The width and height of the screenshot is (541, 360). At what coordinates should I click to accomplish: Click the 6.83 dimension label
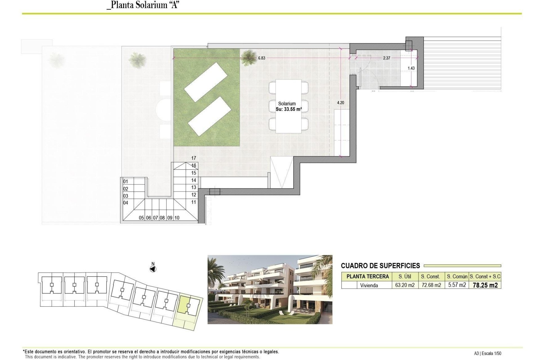click(x=261, y=58)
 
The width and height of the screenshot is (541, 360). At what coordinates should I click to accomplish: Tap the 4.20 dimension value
click(x=340, y=103)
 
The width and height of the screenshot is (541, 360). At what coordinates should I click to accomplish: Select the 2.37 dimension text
click(x=387, y=58)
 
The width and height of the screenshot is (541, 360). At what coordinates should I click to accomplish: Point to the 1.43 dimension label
click(x=411, y=68)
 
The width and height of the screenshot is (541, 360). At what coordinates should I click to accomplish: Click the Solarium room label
click(x=287, y=104)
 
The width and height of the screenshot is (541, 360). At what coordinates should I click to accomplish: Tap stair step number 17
click(x=194, y=158)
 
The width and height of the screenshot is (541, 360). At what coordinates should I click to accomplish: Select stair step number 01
click(x=126, y=182)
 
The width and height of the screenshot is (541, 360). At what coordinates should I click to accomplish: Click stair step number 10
click(x=177, y=218)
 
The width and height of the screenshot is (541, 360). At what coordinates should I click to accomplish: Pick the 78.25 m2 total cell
click(x=485, y=285)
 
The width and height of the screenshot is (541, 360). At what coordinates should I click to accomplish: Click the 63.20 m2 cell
click(x=405, y=285)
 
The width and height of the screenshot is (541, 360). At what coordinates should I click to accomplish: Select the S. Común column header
click(x=457, y=276)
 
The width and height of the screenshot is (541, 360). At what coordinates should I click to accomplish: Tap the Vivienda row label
click(x=369, y=285)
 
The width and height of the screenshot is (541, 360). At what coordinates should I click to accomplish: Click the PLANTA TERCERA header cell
click(x=367, y=276)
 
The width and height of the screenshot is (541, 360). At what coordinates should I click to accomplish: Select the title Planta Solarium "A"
click(x=143, y=5)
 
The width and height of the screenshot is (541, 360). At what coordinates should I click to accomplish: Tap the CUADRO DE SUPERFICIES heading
click(x=380, y=266)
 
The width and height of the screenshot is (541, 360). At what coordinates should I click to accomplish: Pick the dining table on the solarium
click(x=288, y=106)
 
